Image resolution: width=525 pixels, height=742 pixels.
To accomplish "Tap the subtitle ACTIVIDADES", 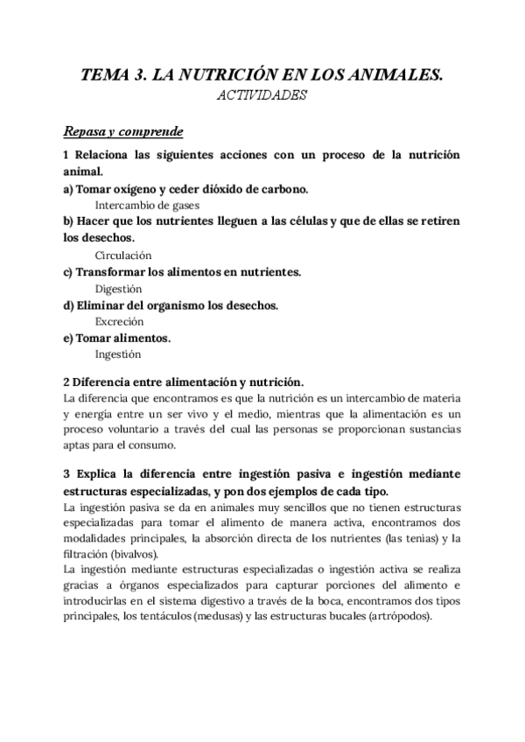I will click(262, 96).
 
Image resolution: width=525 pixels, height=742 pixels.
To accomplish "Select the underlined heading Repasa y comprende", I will click(122, 132).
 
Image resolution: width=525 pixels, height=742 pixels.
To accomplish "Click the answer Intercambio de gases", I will click(147, 205).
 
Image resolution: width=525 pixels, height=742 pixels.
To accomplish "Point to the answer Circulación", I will click(123, 255).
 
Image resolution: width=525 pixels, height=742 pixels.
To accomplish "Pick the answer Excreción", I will click(119, 321).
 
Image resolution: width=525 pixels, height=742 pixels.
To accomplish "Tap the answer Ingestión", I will click(118, 354).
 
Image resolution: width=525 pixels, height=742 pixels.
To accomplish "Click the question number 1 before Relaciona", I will click(66, 155).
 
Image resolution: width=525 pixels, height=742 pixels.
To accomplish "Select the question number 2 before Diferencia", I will click(66, 381).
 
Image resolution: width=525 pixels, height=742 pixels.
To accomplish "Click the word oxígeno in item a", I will click(140, 188).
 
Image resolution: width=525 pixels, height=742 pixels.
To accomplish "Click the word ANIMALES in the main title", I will click(394, 76).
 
